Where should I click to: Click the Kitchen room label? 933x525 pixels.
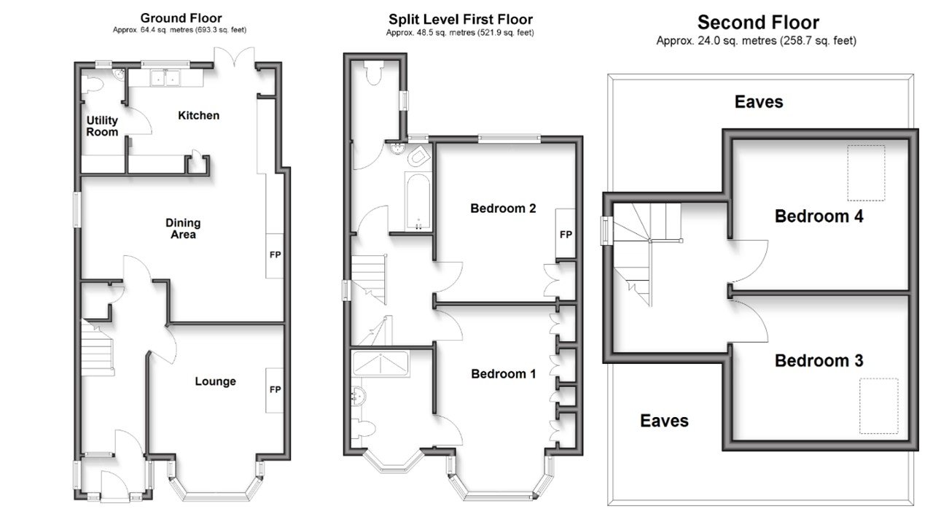click(x=198, y=115)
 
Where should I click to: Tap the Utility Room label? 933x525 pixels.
click(x=101, y=126)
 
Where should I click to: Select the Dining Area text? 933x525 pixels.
click(x=183, y=229)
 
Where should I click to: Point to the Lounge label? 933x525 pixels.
click(x=215, y=381)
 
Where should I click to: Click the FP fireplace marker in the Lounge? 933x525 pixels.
click(x=276, y=389)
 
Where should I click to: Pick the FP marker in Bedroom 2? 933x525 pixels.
click(x=565, y=235)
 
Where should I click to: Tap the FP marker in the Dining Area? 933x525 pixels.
click(x=276, y=255)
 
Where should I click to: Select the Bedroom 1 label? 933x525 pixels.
click(x=503, y=374)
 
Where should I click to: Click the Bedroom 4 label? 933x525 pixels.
click(x=819, y=216)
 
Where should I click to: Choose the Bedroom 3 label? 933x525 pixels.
click(x=819, y=360)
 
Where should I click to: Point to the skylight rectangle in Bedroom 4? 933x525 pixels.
click(x=866, y=173)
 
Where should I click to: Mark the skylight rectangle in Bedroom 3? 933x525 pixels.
click(x=878, y=405)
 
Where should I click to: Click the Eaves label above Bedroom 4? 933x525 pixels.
click(x=759, y=101)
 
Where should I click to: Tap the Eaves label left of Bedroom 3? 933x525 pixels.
click(x=664, y=420)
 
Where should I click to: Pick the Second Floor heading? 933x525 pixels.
click(x=758, y=23)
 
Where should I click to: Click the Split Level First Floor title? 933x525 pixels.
click(x=460, y=20)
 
